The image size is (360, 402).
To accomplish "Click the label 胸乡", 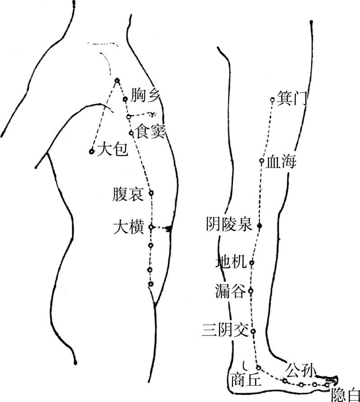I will tap(145, 95).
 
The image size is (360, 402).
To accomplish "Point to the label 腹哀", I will tap(128, 195).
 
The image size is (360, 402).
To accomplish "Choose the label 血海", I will tap(281, 161).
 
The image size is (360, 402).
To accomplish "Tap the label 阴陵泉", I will tap(229, 224).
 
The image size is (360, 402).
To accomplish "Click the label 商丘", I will tap(246, 380).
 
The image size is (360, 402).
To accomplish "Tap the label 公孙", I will tap(299, 371).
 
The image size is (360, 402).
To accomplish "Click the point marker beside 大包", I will tap(92, 152).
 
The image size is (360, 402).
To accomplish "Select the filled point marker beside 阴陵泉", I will tap(259, 225).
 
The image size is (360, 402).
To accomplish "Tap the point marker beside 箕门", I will tap(272, 100).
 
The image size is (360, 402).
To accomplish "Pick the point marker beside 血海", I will tap(262, 161).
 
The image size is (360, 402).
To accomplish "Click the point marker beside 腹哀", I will tap(151, 193).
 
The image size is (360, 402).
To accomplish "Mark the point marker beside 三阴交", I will tap(253, 332).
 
